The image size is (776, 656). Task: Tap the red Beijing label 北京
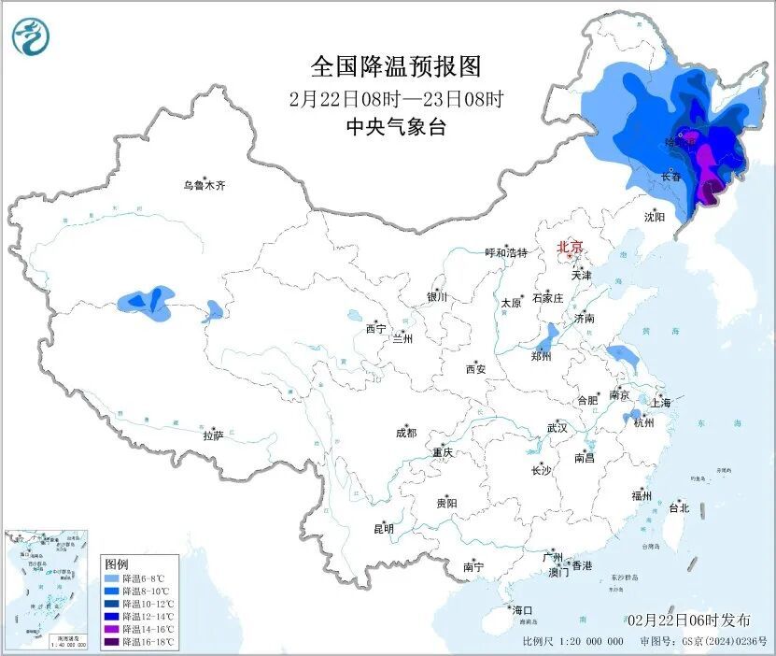(x=570, y=248)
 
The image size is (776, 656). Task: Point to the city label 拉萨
(x=213, y=435)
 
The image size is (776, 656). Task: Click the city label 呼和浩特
(x=506, y=253)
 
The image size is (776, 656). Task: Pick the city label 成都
(x=406, y=433)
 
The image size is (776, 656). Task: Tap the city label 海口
(x=522, y=610)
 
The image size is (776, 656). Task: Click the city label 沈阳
(x=654, y=217)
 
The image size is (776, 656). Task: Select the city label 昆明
(x=384, y=529)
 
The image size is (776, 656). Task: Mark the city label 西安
(x=475, y=369)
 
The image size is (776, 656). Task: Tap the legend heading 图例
(x=117, y=564)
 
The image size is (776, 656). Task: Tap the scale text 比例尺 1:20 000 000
(x=572, y=642)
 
